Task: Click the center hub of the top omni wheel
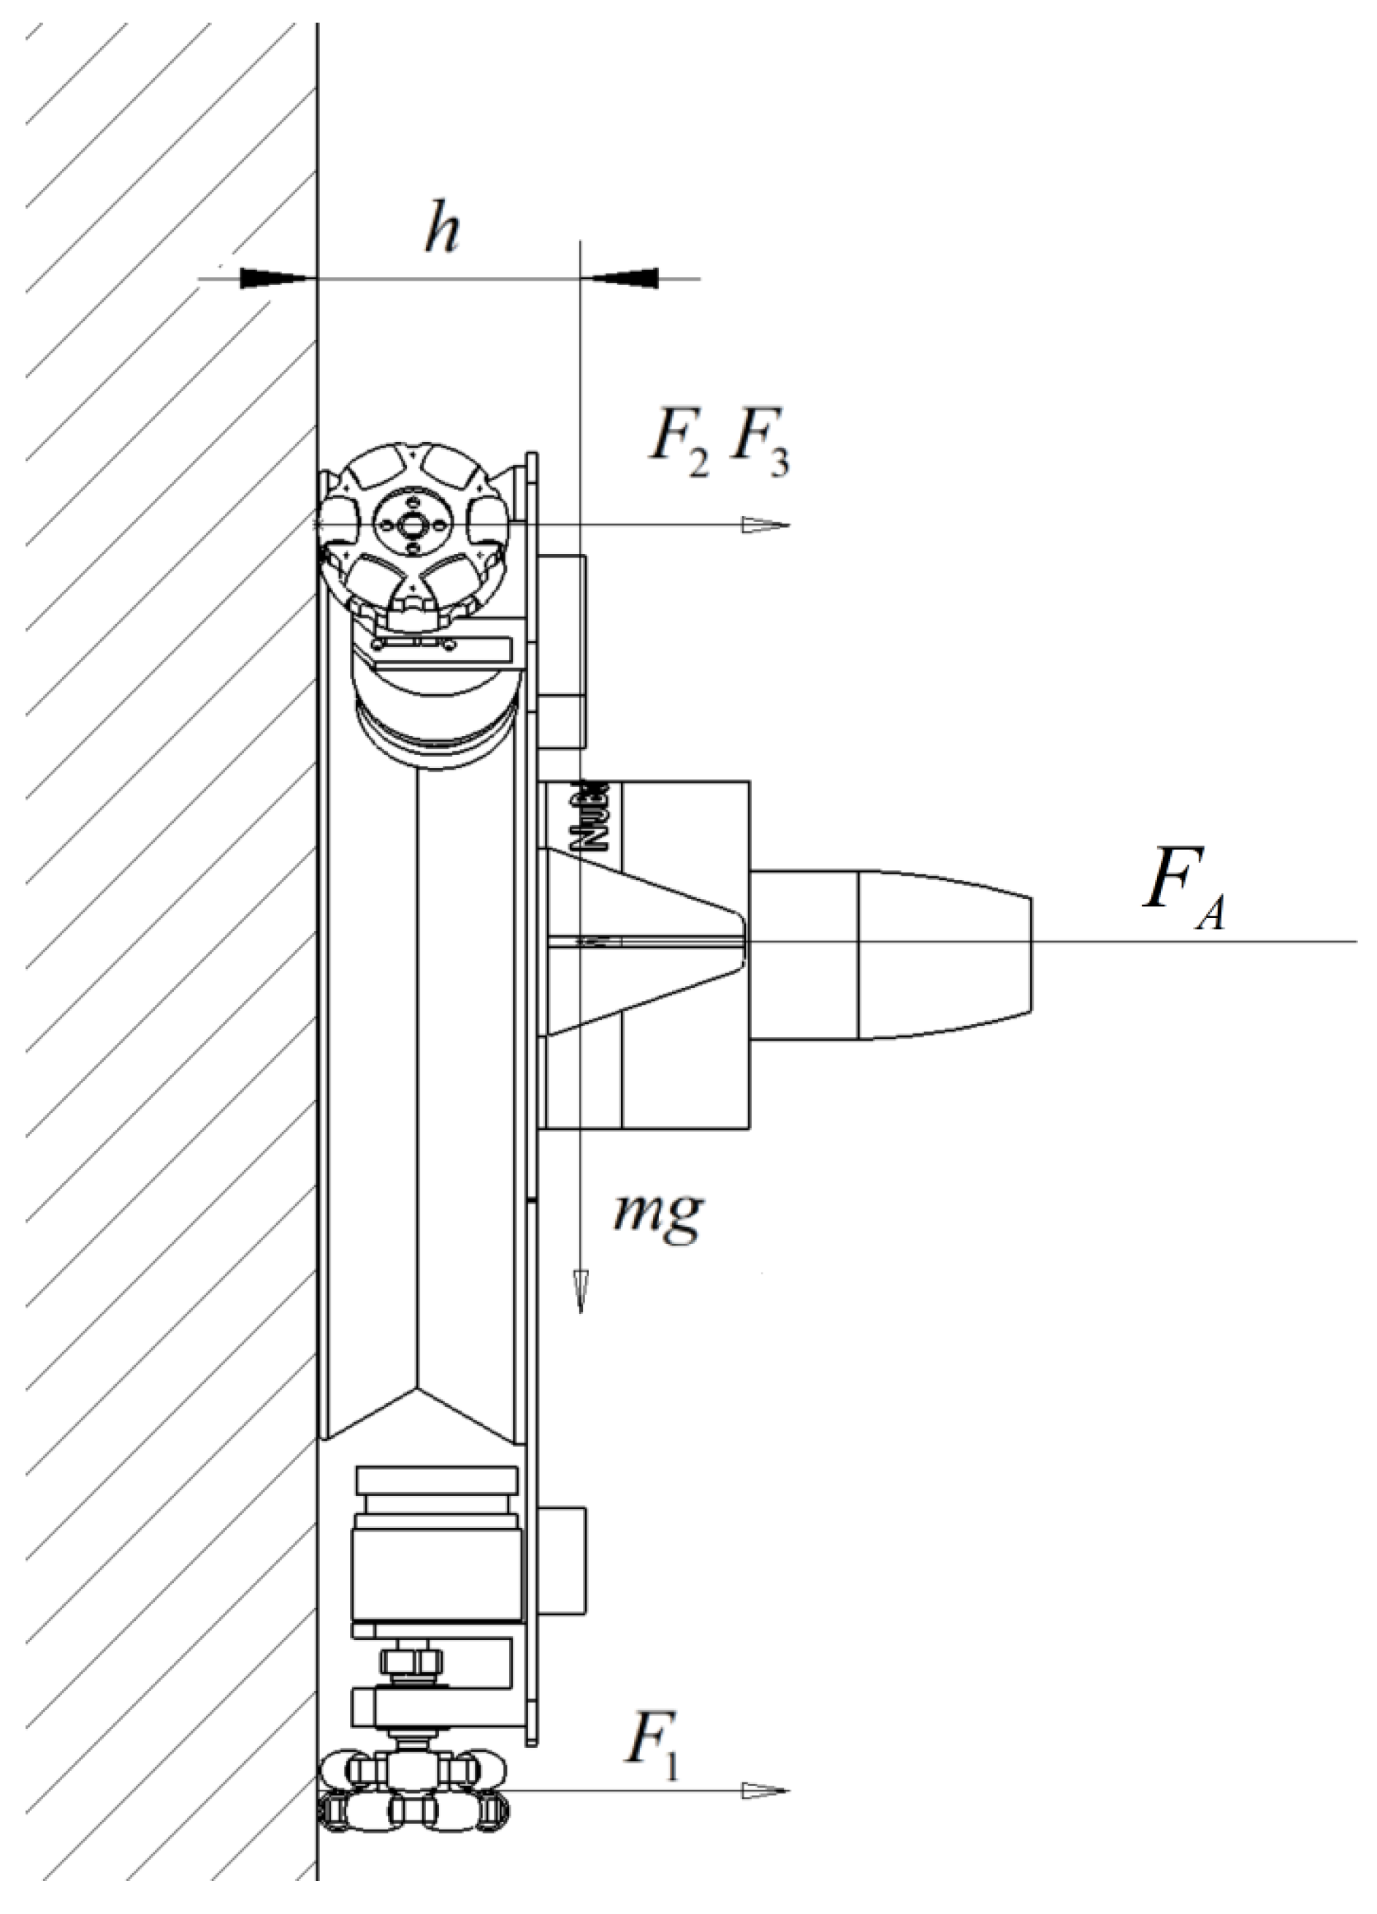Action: [x=413, y=525]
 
